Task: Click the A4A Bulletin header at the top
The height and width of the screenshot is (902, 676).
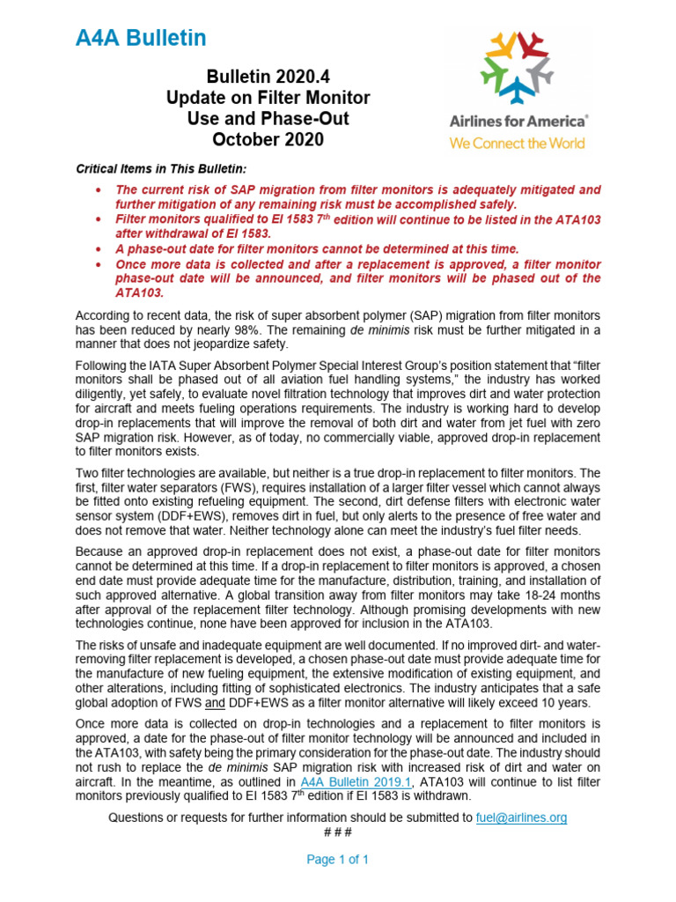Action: click(x=141, y=38)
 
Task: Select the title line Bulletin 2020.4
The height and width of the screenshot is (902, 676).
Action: click(x=268, y=78)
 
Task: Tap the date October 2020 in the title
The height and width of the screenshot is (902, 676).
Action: click(x=268, y=139)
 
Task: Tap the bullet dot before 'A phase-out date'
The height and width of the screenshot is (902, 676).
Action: click(x=97, y=249)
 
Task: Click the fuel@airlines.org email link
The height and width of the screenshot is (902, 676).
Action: click(x=521, y=817)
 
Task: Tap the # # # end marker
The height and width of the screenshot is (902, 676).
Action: click(x=337, y=832)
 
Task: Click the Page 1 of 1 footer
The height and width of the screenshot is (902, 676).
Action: click(x=337, y=860)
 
